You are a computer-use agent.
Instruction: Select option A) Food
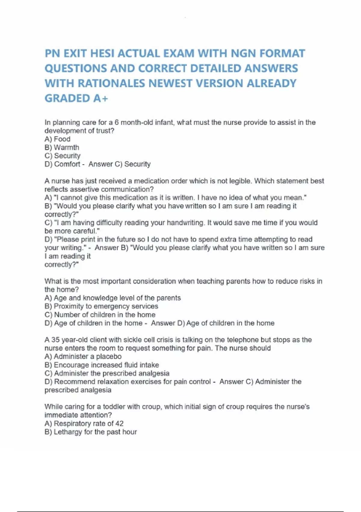tap(57, 139)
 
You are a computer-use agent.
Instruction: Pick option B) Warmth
tap(62, 148)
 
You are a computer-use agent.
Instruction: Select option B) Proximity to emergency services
tap(101, 306)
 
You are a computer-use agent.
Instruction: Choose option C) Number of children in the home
tap(100, 315)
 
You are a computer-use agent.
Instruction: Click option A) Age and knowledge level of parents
tap(113, 298)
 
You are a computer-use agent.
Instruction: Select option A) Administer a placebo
tap(83, 357)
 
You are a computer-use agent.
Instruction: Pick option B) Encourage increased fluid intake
tap(102, 365)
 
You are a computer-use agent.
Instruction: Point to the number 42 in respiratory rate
tap(119, 423)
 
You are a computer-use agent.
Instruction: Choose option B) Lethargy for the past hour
tap(91, 432)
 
